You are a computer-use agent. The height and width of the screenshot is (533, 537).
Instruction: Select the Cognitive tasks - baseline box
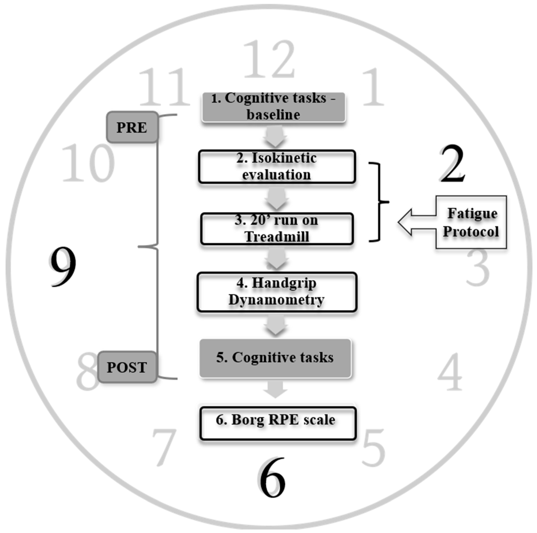(274, 107)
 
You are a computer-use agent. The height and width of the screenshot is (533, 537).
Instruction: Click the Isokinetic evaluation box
(277, 167)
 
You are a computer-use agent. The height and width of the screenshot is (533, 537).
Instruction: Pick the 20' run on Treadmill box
(277, 229)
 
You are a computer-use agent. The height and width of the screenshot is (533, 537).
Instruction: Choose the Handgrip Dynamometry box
(277, 292)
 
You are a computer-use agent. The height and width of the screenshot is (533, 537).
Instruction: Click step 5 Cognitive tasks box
(275, 358)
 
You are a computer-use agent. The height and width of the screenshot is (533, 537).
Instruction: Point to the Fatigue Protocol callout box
(471, 222)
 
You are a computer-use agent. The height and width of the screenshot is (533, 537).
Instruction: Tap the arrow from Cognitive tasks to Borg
(275, 389)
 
